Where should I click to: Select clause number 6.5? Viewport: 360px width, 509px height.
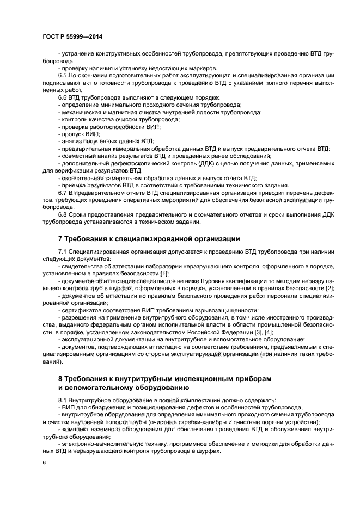coord(63,76)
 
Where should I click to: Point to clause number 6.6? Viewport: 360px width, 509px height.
coord(63,97)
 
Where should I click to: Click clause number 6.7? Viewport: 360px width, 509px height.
coord(63,193)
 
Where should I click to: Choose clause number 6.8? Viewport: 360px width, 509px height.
coord(63,214)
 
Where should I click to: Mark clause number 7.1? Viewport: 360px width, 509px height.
coord(63,252)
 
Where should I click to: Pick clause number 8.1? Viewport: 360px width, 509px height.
coord(63,400)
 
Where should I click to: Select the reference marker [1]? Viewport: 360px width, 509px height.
coord(164,273)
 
